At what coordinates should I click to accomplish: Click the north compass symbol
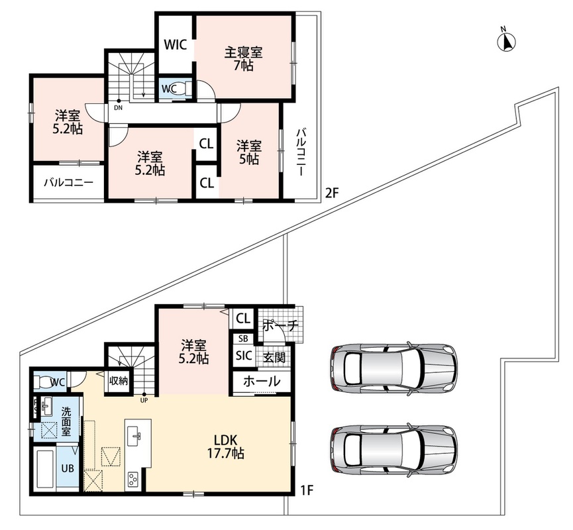pos(507,41)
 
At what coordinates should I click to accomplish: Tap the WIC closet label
pos(175,45)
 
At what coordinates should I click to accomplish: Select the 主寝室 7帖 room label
pos(243,59)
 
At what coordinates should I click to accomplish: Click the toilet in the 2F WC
pos(187,89)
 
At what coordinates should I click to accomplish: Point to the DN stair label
pos(119,107)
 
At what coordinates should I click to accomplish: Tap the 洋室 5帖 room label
pos(248,152)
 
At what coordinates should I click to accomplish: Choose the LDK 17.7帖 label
pos(226,447)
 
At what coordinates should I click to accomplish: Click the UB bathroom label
pos(68,468)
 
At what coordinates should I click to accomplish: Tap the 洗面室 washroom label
pos(66,421)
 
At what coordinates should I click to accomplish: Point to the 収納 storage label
pos(118,380)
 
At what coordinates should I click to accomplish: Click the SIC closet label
pos(244,356)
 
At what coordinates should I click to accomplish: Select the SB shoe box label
pos(243,339)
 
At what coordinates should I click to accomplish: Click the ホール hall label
pos(262,382)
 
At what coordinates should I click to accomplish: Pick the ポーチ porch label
pos(281,325)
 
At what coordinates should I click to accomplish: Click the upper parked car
pos(394,368)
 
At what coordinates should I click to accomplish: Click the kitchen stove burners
pos(132,478)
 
